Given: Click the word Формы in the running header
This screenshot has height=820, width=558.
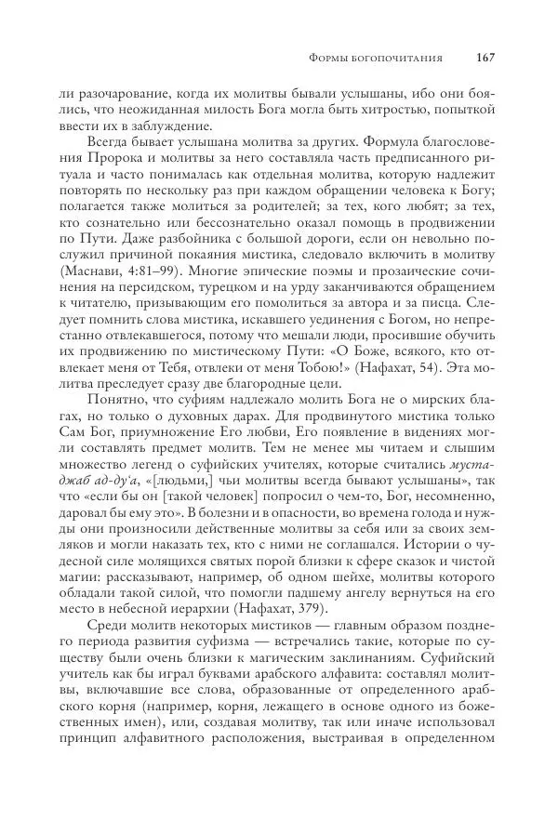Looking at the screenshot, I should coord(329,59).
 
